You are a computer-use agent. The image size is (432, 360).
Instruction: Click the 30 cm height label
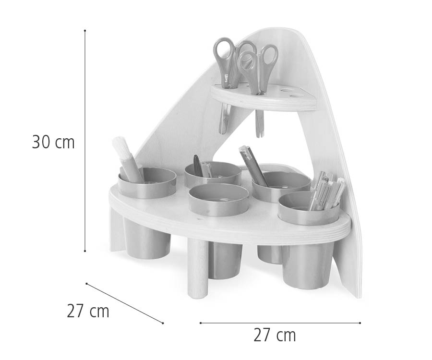[x=53, y=143]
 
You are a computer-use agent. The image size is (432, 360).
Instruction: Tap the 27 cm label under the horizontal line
[x=275, y=335]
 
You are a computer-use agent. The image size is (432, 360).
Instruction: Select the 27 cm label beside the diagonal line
[x=88, y=311]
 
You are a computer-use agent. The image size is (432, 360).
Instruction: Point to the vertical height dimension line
[x=85, y=144]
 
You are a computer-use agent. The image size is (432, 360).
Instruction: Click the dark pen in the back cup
[x=197, y=165]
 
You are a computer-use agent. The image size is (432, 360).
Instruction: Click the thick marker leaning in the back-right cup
[x=253, y=166]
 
